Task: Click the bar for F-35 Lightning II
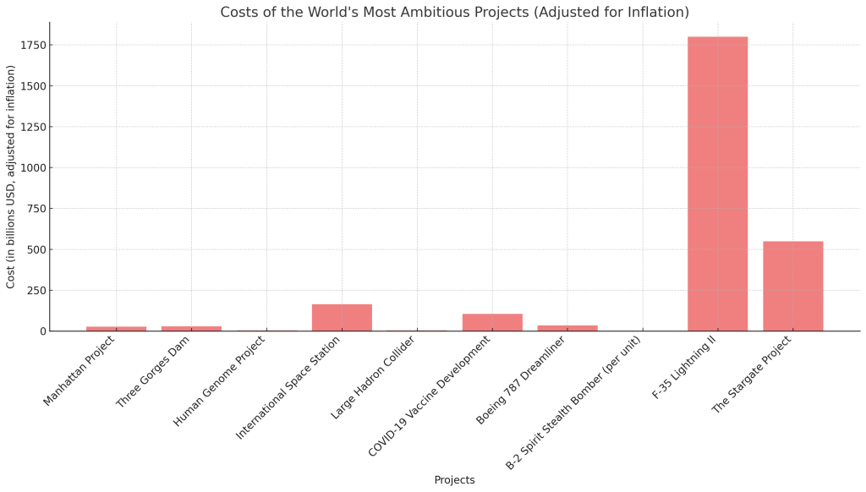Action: point(717,183)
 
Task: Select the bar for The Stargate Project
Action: point(792,286)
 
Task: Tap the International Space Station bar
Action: point(342,317)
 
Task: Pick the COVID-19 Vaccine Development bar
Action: point(492,322)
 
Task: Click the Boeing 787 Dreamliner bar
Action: point(567,328)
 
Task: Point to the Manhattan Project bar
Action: point(116,328)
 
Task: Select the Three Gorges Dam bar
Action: point(191,328)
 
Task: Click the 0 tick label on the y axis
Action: point(42,331)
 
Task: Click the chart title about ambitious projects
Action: point(454,13)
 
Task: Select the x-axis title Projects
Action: point(454,480)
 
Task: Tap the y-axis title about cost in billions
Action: point(11,177)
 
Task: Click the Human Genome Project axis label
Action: point(219,380)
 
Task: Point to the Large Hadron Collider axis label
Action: point(373,377)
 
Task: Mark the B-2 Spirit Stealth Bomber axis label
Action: point(573,402)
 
